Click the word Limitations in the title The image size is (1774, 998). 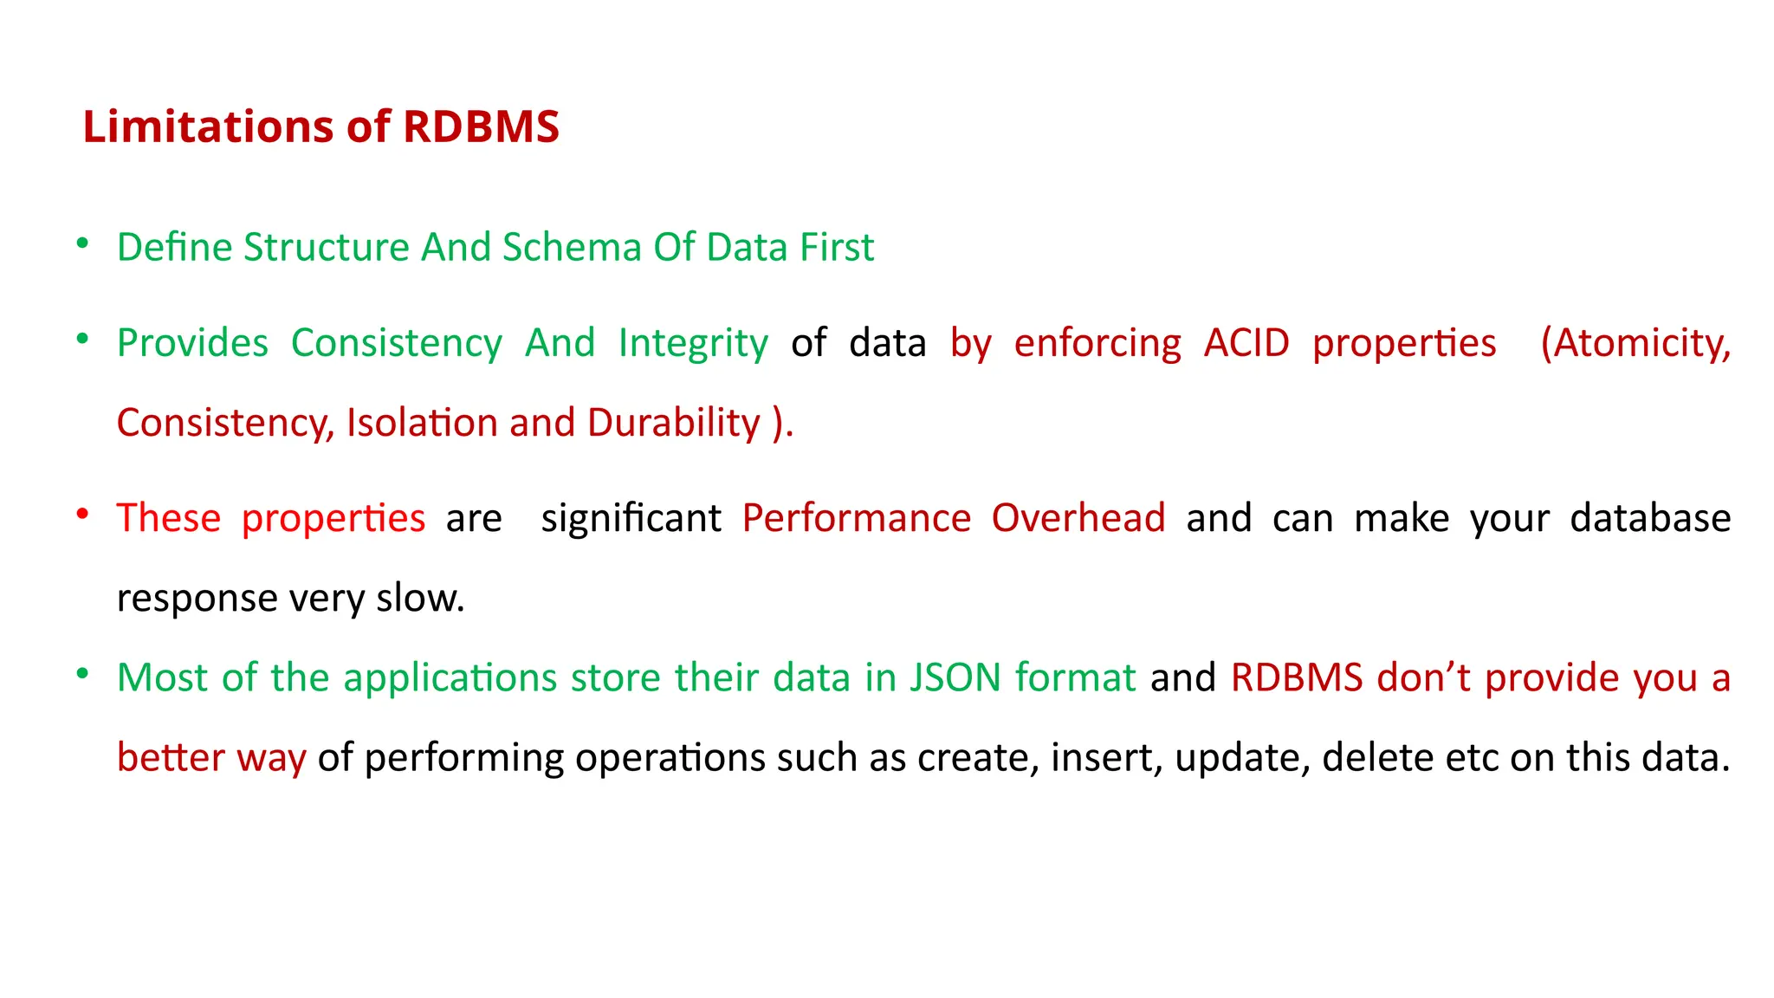[207, 126]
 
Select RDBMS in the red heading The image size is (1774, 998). [481, 126]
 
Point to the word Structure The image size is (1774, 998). [326, 248]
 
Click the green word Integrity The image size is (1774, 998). [692, 344]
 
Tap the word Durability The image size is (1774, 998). [673, 424]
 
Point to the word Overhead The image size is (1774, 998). [1078, 518]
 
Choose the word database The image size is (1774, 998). [1649, 518]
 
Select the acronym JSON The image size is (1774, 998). [955, 677]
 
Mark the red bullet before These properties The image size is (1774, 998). [82, 515]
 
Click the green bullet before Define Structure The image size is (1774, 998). [82, 243]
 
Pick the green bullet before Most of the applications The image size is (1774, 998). [82, 674]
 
